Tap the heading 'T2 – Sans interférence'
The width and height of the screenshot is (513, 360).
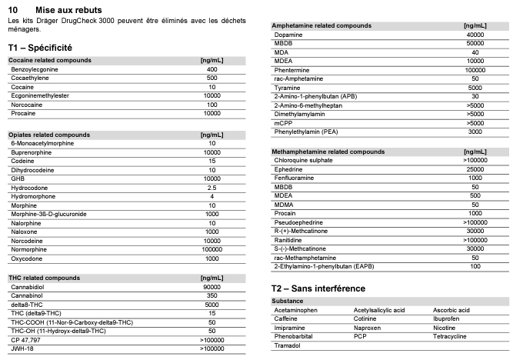(x=318, y=288)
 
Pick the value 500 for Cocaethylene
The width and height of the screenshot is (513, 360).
(x=212, y=78)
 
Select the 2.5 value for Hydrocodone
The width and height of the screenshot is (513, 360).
(x=212, y=188)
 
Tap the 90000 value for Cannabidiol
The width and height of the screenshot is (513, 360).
(x=212, y=286)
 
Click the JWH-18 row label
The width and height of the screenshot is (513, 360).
(x=23, y=348)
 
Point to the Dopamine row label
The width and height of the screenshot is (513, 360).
(x=288, y=35)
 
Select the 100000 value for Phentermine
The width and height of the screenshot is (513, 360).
(x=475, y=70)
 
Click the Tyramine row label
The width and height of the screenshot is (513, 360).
(x=288, y=88)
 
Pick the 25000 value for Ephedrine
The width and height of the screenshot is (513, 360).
(x=475, y=169)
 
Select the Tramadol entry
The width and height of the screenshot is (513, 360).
(x=288, y=346)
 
